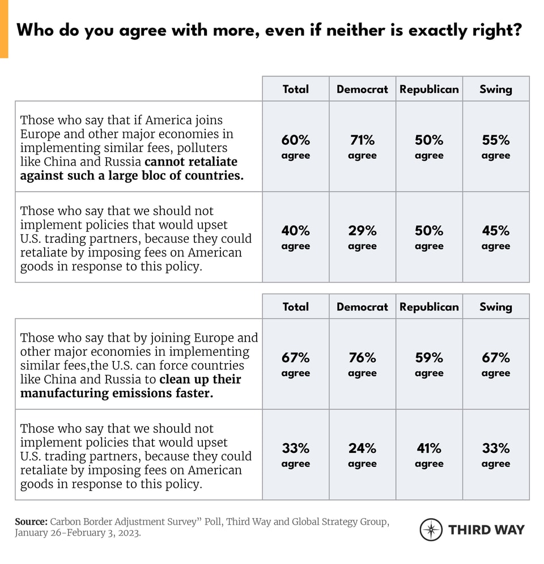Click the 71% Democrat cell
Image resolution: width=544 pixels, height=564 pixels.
(362, 146)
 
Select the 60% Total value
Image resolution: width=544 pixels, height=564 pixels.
(295, 146)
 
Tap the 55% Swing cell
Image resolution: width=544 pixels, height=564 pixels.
(496, 146)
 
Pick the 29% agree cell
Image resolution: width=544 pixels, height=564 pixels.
(362, 237)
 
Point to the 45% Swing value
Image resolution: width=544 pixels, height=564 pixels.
(496, 237)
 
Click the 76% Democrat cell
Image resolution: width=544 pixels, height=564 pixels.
(362, 364)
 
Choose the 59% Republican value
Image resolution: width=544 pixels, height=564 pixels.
(429, 364)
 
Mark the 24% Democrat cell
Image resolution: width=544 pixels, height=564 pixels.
(362, 454)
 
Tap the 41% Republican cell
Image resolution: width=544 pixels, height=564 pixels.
(429, 454)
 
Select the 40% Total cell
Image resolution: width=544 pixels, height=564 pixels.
(295, 237)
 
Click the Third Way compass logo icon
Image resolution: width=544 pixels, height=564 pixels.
(431, 530)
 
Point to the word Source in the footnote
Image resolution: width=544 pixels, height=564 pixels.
(31, 522)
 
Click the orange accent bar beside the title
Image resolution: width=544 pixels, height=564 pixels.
(4, 29)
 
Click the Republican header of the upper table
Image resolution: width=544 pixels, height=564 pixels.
(429, 89)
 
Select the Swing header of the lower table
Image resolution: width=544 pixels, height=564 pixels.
(496, 306)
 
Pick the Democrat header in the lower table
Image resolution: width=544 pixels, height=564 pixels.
(362, 306)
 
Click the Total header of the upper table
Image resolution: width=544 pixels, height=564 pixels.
(295, 89)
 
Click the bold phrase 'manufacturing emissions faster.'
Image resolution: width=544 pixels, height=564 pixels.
(117, 393)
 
